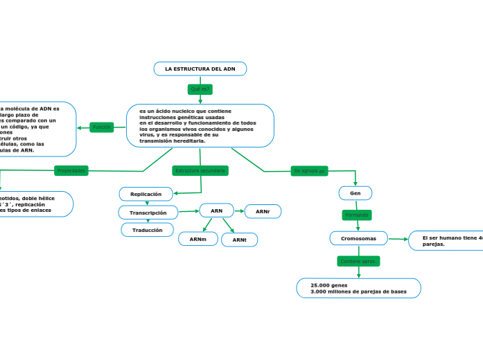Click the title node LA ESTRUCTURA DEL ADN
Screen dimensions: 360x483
click(200, 69)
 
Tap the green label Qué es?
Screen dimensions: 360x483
click(200, 89)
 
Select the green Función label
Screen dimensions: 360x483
click(102, 127)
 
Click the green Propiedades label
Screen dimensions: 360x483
click(71, 170)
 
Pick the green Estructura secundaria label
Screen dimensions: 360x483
click(200, 170)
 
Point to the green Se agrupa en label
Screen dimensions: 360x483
click(309, 170)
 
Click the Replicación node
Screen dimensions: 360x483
click(146, 194)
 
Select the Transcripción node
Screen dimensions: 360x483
click(148, 213)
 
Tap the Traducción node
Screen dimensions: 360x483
click(147, 230)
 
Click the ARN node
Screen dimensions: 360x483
click(217, 210)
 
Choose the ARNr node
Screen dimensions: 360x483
click(263, 211)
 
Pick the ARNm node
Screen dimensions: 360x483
click(197, 239)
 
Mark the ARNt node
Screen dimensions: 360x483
click(240, 240)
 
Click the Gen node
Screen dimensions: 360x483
click(355, 193)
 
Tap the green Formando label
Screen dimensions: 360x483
click(356, 215)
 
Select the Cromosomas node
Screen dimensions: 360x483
click(358, 238)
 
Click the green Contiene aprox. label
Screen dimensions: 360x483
click(358, 261)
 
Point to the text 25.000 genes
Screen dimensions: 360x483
click(329, 285)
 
